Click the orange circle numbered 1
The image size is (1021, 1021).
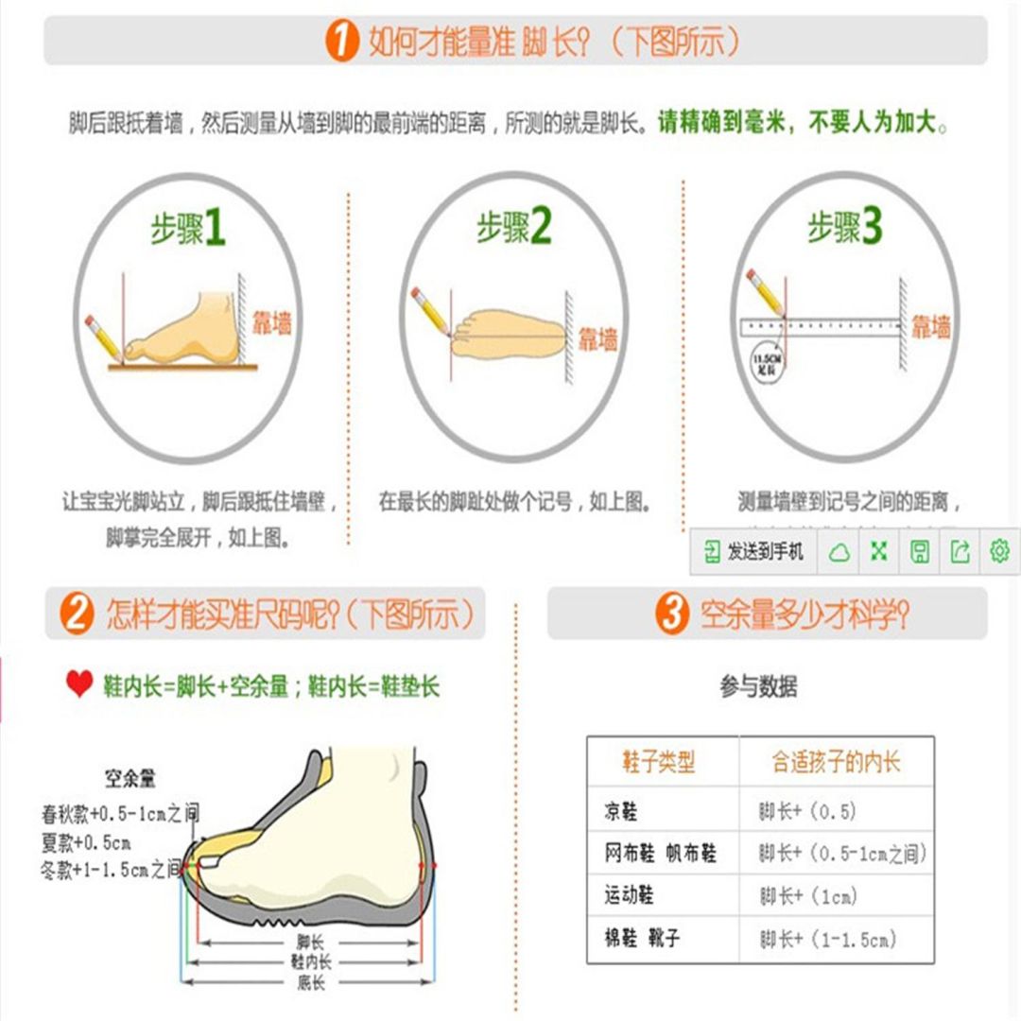point(342,42)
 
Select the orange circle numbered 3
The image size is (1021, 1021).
point(673,614)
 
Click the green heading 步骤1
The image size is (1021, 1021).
point(188,229)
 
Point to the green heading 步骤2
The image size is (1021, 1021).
point(513,227)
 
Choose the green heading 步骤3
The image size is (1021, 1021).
point(844,227)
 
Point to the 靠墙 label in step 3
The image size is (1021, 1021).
point(931,327)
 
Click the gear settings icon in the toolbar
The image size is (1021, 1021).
point(999,551)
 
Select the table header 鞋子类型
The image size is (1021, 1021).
point(659,761)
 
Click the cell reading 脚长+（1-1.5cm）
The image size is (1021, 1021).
point(827,939)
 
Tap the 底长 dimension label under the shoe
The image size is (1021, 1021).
point(311,983)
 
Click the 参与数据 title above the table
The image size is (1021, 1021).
point(758,687)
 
